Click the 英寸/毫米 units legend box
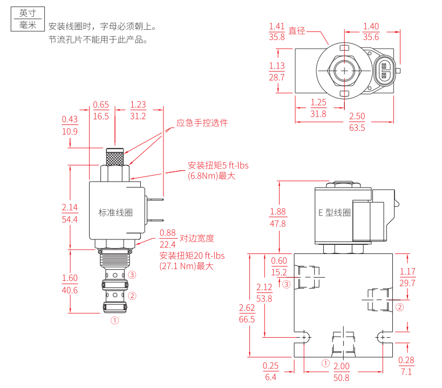tap(28, 19)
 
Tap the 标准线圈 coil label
tap(115, 212)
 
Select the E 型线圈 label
tap(335, 212)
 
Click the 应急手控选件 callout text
tap(202, 123)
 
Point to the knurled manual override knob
tap(115, 157)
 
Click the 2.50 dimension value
tap(357, 116)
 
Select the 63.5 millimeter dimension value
tap(357, 128)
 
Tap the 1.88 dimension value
tap(278, 212)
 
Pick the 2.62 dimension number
tap(247, 307)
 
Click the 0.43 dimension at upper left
tap(70, 119)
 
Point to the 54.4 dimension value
tap(70, 219)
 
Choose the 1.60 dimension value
tap(70, 278)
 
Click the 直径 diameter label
tap(297, 31)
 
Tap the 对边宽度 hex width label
tap(197, 238)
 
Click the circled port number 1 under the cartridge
tap(115, 320)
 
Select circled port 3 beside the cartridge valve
tap(132, 275)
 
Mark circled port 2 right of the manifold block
tap(400, 307)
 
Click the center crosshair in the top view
tap(344, 71)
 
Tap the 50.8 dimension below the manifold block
tap(342, 378)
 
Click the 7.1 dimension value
tap(406, 372)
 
